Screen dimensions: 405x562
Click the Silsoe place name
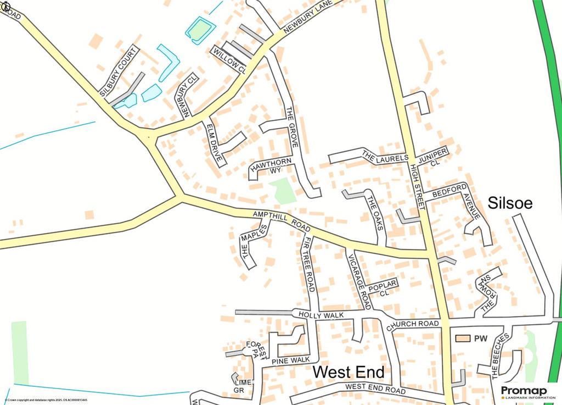[510, 203]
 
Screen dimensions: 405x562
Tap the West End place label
[348, 372]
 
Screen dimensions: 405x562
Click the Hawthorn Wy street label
[270, 165]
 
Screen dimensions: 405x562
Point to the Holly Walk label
[321, 315]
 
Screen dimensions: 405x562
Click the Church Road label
[413, 325]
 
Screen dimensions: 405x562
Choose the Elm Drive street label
[215, 142]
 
